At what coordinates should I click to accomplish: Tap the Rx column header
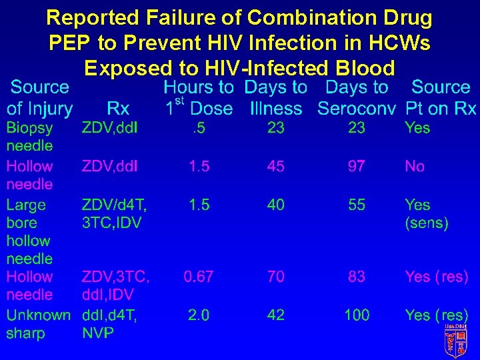click(x=118, y=108)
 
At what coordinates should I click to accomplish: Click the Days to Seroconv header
click(x=357, y=98)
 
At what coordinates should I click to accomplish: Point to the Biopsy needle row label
click(x=29, y=136)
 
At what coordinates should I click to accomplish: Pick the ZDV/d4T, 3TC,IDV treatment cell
click(x=114, y=213)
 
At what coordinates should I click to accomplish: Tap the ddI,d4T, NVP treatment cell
click(x=109, y=324)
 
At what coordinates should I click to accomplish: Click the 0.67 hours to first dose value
click(x=199, y=277)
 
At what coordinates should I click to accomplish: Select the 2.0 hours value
click(x=198, y=315)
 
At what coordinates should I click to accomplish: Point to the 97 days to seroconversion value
click(x=357, y=166)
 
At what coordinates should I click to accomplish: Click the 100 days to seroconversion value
click(x=357, y=315)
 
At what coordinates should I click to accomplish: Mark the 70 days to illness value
click(x=275, y=277)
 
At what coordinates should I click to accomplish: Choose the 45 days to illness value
click(x=275, y=166)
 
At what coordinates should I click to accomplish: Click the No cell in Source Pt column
click(x=415, y=166)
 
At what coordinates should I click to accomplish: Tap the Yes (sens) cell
click(x=426, y=213)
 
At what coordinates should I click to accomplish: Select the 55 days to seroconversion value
click(x=357, y=205)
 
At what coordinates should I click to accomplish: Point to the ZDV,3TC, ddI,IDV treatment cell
click(x=115, y=285)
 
